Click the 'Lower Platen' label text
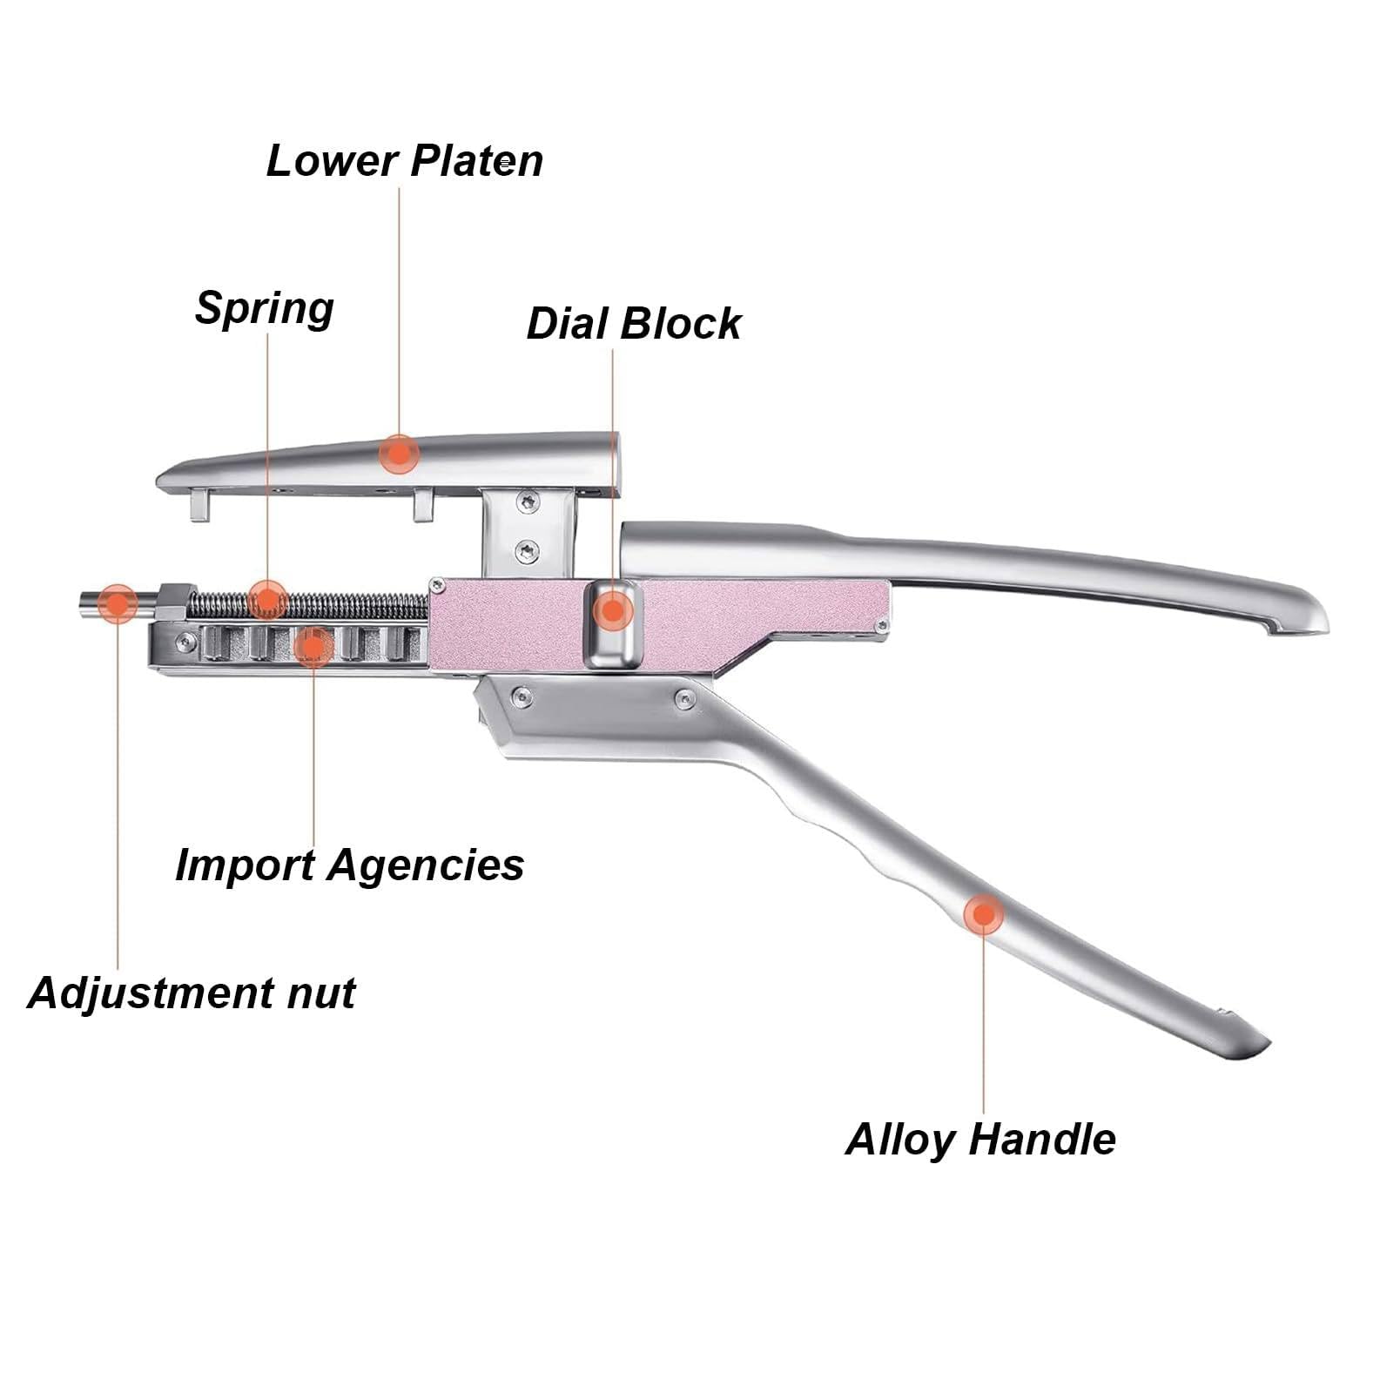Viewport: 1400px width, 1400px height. (x=404, y=160)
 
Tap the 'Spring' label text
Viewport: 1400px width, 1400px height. (x=264, y=309)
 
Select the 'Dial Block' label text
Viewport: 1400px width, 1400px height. (x=634, y=324)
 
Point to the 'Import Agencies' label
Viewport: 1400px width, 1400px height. (x=349, y=865)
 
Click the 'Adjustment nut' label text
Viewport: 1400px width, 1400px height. (x=192, y=993)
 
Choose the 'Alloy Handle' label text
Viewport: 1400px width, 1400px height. (x=980, y=1139)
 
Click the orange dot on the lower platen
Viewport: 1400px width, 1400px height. (x=399, y=454)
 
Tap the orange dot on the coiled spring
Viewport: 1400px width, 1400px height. (x=267, y=600)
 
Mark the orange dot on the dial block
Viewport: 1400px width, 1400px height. (x=613, y=610)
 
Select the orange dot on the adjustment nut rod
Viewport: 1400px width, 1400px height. (x=118, y=603)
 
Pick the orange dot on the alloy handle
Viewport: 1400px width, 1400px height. (x=984, y=914)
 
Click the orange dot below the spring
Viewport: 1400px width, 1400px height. (x=313, y=647)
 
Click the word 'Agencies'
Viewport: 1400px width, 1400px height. (x=426, y=866)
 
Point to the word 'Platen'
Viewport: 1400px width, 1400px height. (x=476, y=160)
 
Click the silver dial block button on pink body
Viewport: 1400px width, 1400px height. (x=613, y=626)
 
